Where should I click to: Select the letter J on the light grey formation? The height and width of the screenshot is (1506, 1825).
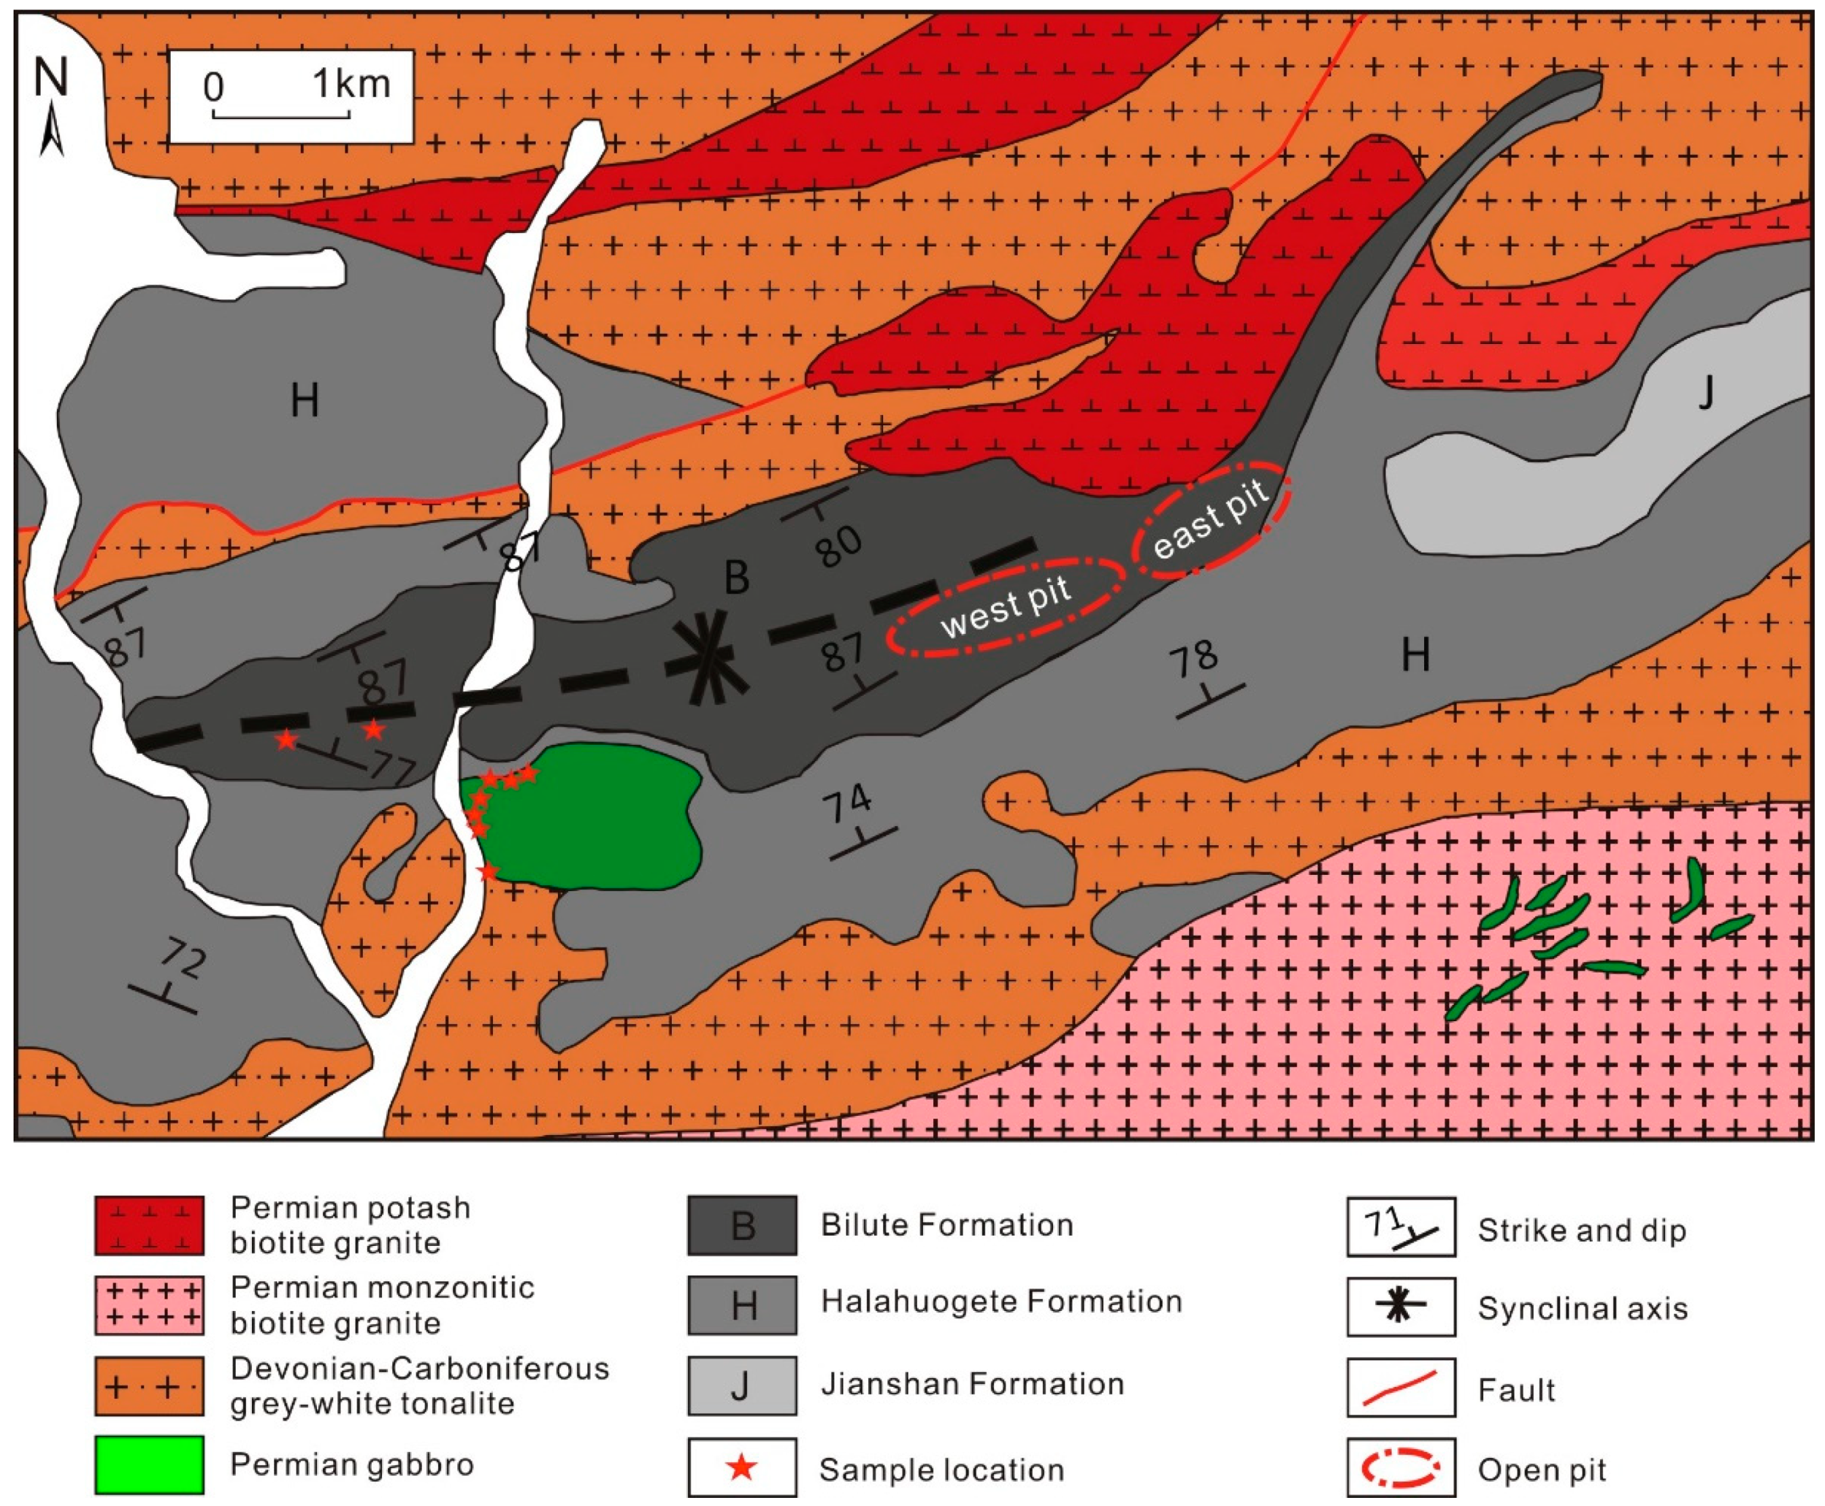tap(1705, 393)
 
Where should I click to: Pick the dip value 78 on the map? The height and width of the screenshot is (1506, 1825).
tap(1195, 660)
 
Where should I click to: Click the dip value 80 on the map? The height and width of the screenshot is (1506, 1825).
tap(838, 546)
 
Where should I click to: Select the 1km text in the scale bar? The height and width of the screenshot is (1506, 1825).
tap(351, 84)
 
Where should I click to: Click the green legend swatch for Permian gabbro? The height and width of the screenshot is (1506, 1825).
tap(149, 1465)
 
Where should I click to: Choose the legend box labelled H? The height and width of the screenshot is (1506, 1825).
tap(742, 1305)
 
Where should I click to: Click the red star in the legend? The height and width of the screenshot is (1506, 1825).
tap(742, 1468)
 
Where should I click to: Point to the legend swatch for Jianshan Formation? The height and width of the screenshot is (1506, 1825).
tap(742, 1385)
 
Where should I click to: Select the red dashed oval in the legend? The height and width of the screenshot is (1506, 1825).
tap(1400, 1468)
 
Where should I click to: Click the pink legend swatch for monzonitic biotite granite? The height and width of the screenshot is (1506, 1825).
tap(149, 1305)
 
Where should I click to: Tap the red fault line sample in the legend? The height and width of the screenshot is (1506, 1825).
tap(1400, 1387)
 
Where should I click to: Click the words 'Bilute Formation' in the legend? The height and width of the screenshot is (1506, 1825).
tap(946, 1225)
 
